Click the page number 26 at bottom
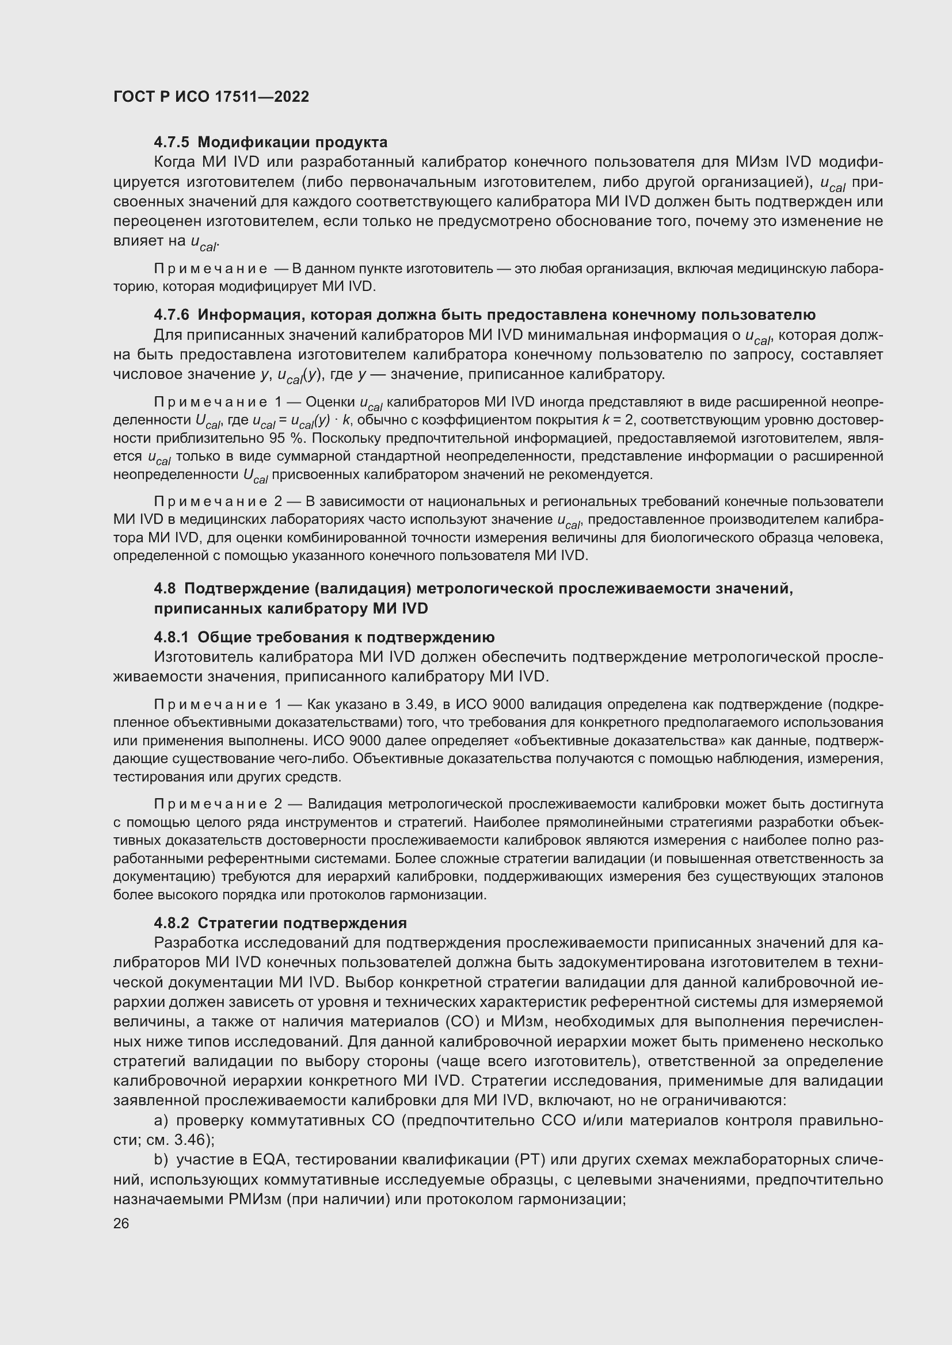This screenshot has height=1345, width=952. [x=121, y=1223]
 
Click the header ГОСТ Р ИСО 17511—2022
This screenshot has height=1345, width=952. [x=211, y=97]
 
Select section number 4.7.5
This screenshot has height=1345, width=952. [x=172, y=143]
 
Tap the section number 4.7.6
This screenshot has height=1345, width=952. [x=172, y=315]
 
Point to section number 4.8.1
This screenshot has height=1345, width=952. [x=172, y=637]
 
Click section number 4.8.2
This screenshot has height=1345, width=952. [x=172, y=922]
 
